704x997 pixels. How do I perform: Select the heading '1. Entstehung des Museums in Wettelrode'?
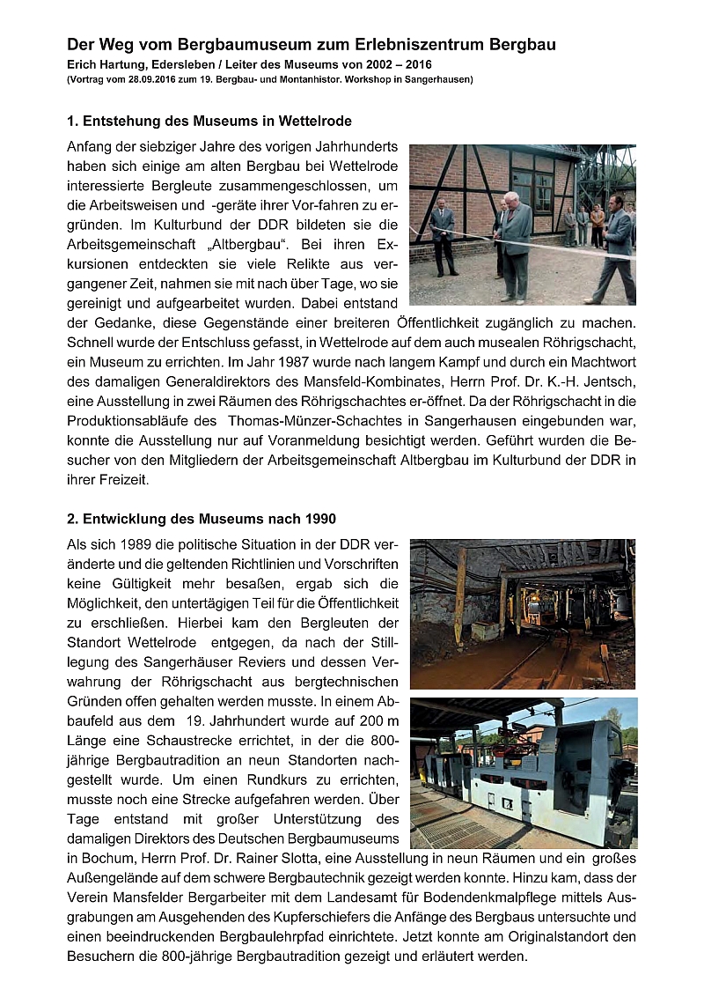[x=209, y=120]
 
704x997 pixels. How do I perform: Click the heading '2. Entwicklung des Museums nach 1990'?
[x=202, y=519]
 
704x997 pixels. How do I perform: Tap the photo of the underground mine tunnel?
[x=523, y=614]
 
